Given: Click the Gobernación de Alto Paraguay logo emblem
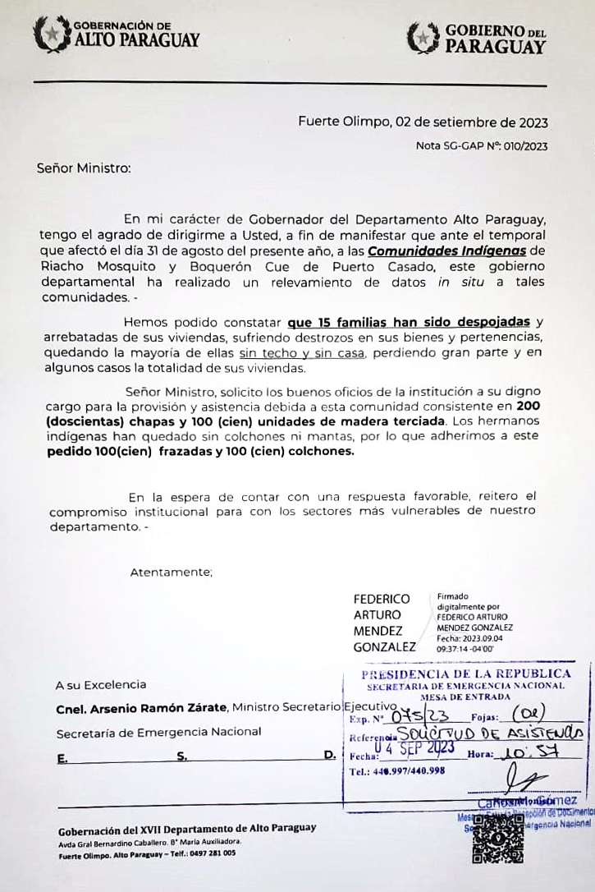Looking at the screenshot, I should click(x=51, y=34).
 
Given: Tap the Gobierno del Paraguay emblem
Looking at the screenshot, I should click(x=423, y=38).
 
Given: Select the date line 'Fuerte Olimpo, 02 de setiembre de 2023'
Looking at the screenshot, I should click(x=423, y=123).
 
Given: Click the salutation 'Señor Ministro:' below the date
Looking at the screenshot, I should click(x=84, y=168).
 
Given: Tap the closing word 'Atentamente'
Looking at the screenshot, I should click(x=171, y=572).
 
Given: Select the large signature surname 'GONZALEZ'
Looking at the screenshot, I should click(x=384, y=646).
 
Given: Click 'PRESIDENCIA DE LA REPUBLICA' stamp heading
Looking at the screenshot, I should click(x=466, y=674).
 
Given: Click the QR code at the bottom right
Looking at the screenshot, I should click(x=497, y=837).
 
